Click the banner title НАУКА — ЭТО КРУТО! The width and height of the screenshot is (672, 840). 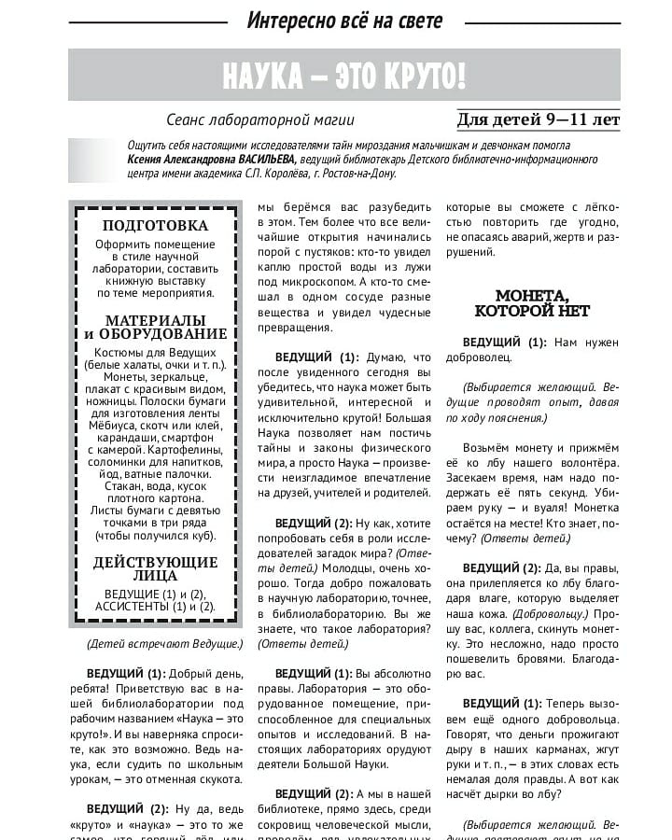click(x=343, y=76)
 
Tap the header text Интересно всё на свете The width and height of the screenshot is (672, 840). click(x=344, y=20)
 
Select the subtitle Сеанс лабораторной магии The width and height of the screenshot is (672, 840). click(x=260, y=120)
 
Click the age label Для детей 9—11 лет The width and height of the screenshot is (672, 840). click(x=539, y=119)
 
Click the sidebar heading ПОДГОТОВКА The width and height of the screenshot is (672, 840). click(x=155, y=225)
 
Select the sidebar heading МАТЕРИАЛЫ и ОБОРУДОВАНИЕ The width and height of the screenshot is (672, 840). click(x=155, y=327)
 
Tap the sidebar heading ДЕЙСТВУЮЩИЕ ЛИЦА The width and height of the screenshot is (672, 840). click(x=155, y=568)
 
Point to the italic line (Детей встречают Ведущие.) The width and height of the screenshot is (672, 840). click(x=164, y=644)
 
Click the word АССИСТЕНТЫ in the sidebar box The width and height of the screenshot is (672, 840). click(x=133, y=607)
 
